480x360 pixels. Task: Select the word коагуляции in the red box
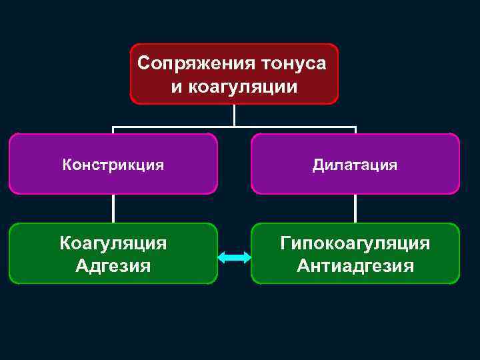pos(243,86)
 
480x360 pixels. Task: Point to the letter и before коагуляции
pos(176,86)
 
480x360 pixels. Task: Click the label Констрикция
pos(113,165)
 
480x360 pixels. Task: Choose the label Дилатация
pos(355,165)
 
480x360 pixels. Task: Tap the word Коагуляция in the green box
pos(113,243)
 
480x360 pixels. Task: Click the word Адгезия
pos(113,265)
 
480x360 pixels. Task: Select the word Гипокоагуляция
pos(355,243)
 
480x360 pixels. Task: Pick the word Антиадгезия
pos(355,265)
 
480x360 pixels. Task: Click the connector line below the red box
pos(234,115)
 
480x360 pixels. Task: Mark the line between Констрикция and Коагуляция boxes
pos(113,208)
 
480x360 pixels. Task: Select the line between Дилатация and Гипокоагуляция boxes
pos(355,208)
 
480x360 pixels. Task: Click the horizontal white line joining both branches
pos(173,127)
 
